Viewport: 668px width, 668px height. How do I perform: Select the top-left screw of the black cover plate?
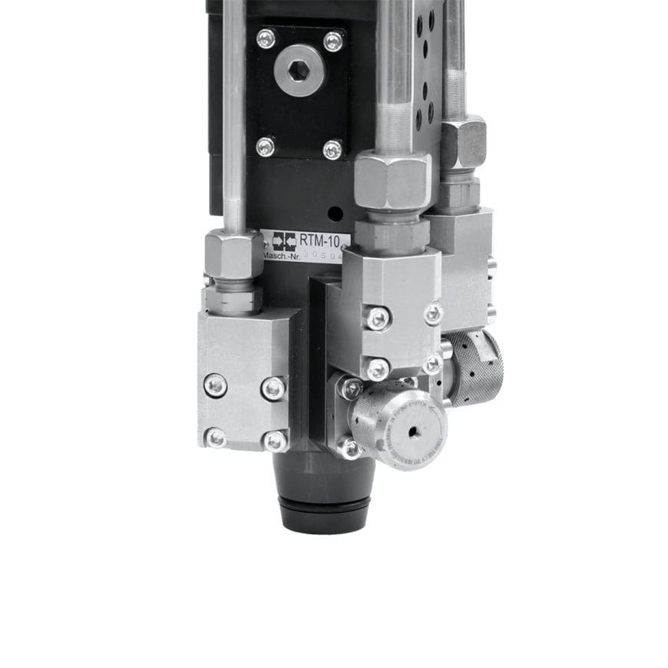pyautogui.click(x=266, y=38)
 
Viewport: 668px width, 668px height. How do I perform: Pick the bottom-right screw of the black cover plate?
pyautogui.click(x=332, y=148)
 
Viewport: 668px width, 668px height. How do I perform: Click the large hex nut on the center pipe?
pyautogui.click(x=392, y=180)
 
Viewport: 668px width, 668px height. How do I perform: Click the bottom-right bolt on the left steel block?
pyautogui.click(x=274, y=441)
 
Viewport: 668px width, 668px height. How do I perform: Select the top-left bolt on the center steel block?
pyautogui.click(x=377, y=317)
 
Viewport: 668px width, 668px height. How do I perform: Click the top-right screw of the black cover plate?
pyautogui.click(x=333, y=41)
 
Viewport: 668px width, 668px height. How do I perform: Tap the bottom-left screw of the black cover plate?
pyautogui.click(x=266, y=146)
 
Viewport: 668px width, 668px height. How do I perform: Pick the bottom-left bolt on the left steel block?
pyautogui.click(x=217, y=438)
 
